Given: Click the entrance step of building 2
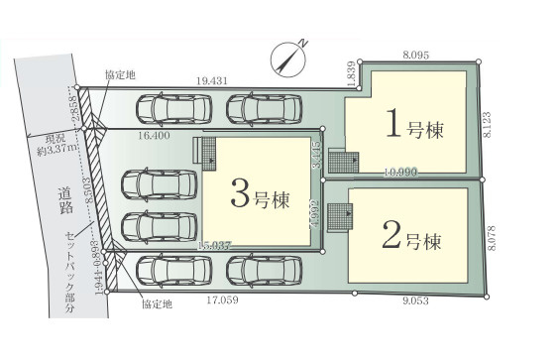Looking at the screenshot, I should (x=339, y=215).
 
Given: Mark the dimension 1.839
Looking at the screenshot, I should (x=351, y=72).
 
